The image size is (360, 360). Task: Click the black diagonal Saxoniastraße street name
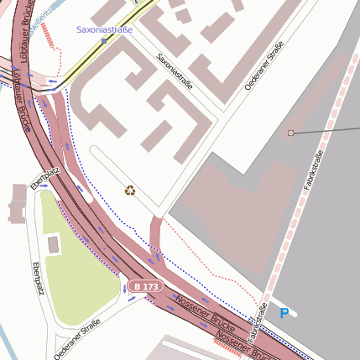[175, 72]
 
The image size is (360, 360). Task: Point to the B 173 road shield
[145, 287]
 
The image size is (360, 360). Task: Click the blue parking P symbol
[284, 313]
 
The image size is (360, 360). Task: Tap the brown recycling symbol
[129, 190]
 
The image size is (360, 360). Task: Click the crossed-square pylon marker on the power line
[291, 133]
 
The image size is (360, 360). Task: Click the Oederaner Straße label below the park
[77, 337]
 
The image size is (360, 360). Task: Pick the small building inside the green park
[54, 245]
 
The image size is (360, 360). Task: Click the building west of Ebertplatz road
[18, 204]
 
